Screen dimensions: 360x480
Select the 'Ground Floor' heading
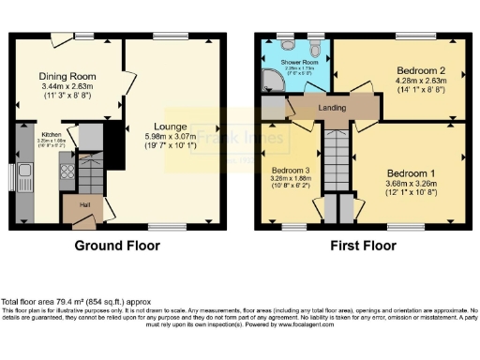[117, 246]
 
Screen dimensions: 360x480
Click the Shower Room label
[289, 61]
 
